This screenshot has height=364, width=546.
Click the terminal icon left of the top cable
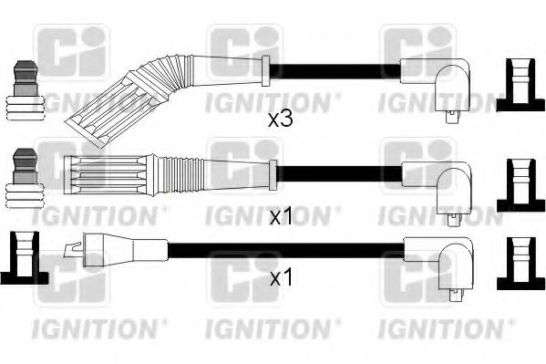tap(26, 90)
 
